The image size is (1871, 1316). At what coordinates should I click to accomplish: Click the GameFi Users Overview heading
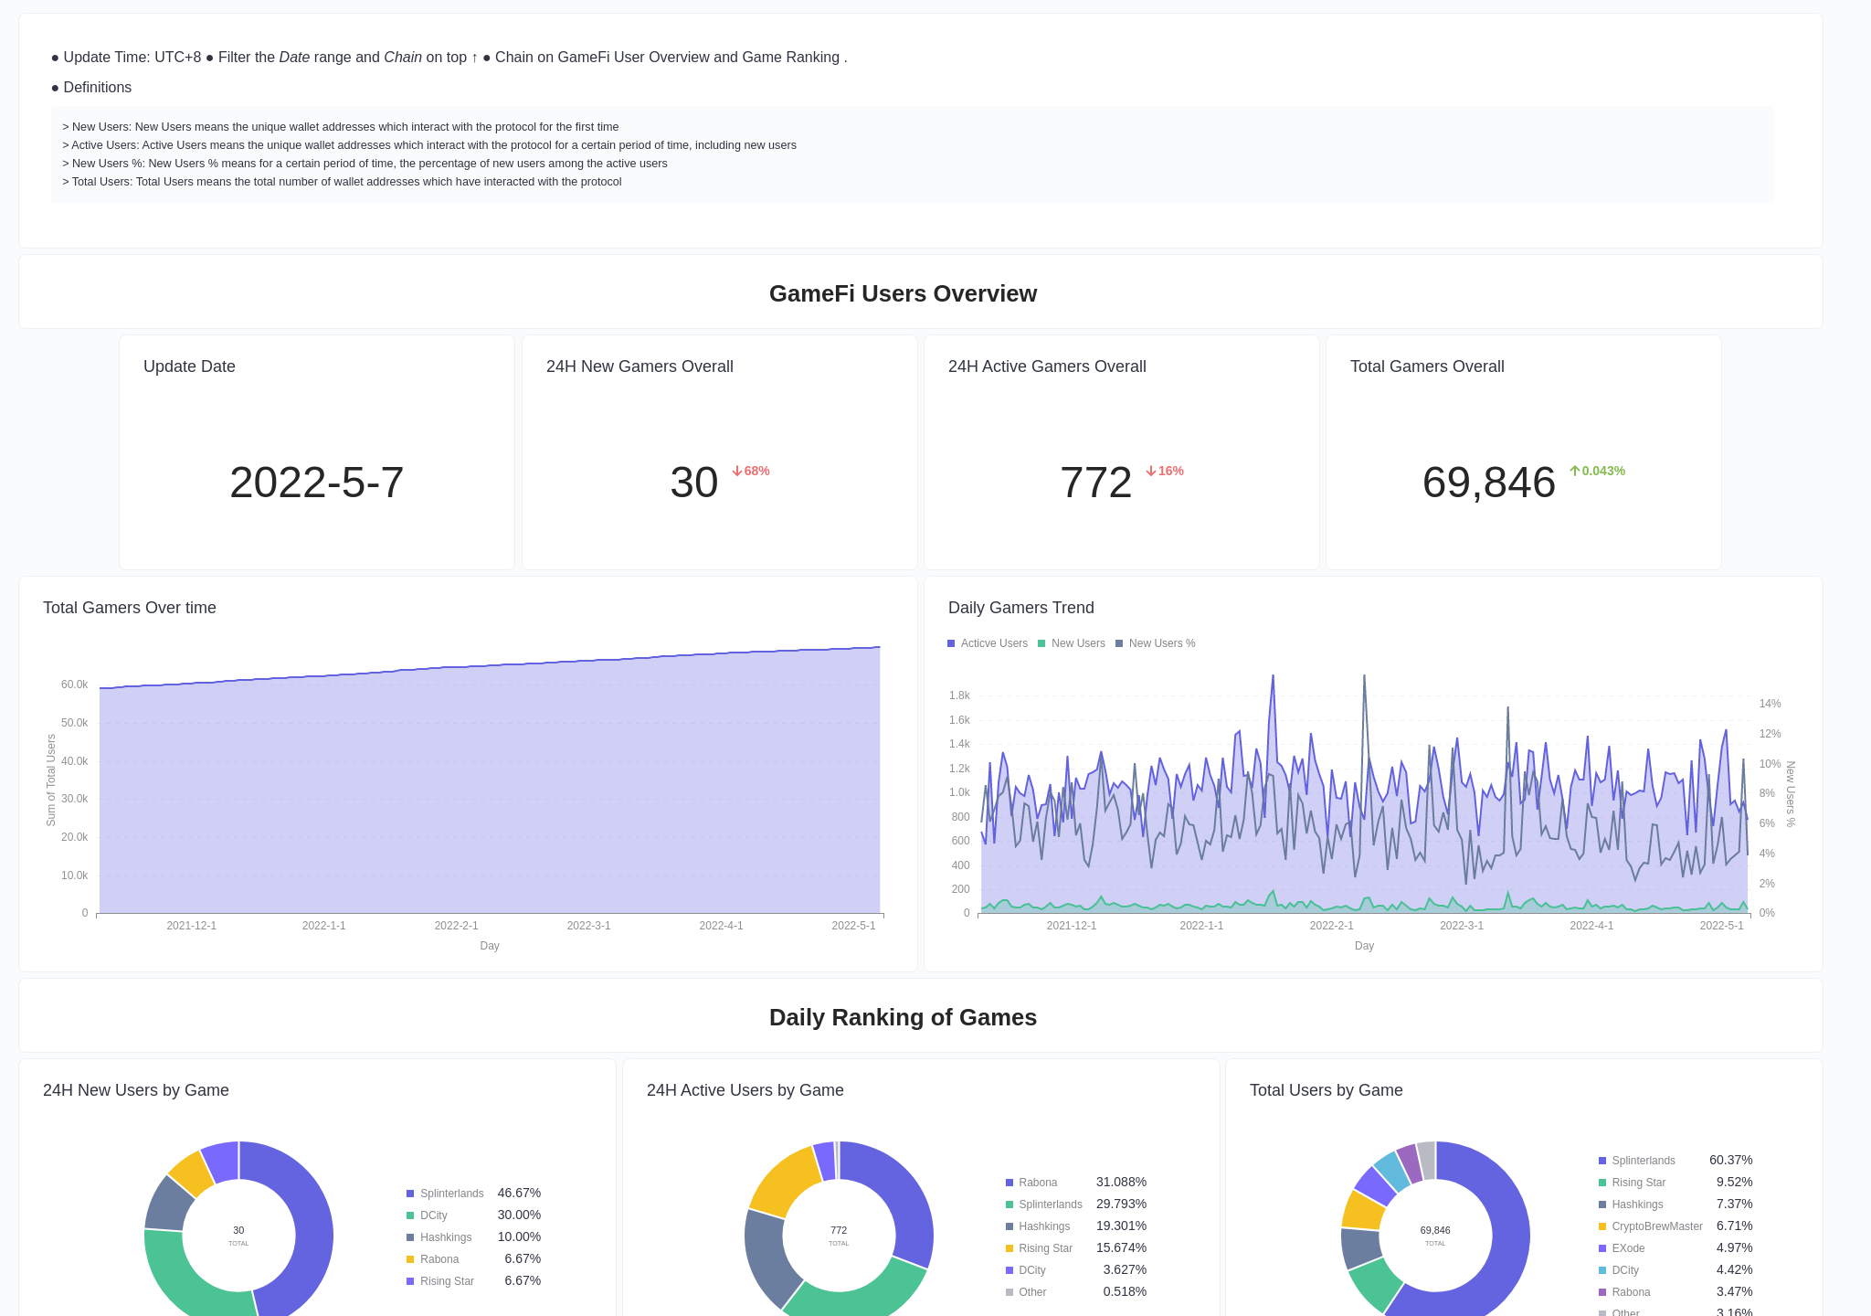(903, 293)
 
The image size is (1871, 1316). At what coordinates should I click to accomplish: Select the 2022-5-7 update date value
(316, 483)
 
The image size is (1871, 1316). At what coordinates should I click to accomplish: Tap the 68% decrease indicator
(751, 471)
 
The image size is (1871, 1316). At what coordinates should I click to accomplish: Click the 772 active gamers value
(1095, 483)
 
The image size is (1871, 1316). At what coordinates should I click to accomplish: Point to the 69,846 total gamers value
(1488, 483)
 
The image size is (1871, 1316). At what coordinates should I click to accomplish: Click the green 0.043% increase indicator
(1598, 471)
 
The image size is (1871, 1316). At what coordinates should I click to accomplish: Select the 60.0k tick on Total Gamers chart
(74, 685)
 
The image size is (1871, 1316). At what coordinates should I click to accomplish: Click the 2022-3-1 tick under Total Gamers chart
(588, 926)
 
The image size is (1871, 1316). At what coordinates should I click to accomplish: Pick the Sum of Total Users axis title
(51, 780)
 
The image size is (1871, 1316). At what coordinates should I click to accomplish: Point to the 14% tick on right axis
(1770, 704)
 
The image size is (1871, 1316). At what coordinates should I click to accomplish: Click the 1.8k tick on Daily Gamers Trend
(959, 695)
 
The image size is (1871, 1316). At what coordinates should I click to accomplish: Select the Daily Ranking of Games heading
(903, 1017)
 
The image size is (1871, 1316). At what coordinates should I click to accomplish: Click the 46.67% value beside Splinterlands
(519, 1193)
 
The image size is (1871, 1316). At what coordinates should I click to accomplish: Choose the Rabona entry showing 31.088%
(1038, 1183)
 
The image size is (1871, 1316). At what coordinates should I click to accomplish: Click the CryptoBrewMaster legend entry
(1656, 1226)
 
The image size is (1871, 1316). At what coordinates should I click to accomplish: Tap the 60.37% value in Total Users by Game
(1730, 1160)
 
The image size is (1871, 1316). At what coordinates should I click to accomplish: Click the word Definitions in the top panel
(97, 88)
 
